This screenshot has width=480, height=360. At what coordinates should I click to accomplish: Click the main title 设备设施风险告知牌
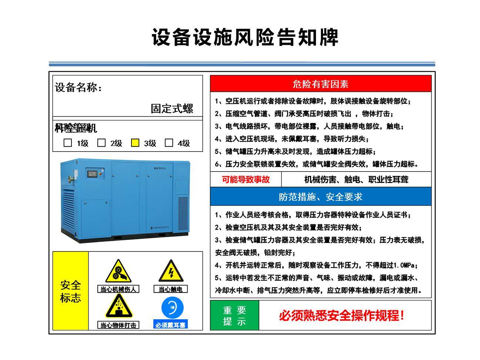[x=245, y=37]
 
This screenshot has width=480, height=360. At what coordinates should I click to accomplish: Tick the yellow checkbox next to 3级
[x=135, y=143]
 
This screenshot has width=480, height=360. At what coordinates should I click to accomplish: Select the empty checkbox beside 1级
[x=68, y=143]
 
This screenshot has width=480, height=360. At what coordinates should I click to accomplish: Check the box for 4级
[x=169, y=143]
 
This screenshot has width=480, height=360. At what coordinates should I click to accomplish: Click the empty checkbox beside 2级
[x=101, y=143]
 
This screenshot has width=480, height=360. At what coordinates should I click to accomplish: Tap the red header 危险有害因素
[x=321, y=84]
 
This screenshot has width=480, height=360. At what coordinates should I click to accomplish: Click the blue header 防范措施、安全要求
[x=321, y=197]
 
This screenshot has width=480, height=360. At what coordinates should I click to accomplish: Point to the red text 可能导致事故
[x=246, y=180]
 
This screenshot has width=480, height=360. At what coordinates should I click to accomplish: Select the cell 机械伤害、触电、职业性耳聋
[x=356, y=180]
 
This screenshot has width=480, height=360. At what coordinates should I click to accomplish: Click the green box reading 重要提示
[x=234, y=316]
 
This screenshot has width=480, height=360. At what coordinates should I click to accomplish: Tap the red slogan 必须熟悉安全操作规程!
[x=341, y=316]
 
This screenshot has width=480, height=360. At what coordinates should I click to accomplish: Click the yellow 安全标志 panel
[x=70, y=291]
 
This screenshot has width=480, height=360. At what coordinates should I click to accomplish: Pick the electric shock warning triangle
[x=171, y=271]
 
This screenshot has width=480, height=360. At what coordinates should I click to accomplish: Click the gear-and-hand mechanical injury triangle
[x=118, y=271]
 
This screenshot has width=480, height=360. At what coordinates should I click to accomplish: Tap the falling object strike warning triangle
[x=119, y=306]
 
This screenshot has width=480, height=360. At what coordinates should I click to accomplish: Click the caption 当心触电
[x=171, y=289]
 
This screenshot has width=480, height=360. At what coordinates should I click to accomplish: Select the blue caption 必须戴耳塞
[x=170, y=325]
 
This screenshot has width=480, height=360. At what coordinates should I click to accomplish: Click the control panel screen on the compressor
[x=91, y=173]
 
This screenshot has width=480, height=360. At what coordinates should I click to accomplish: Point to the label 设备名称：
[x=79, y=87]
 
